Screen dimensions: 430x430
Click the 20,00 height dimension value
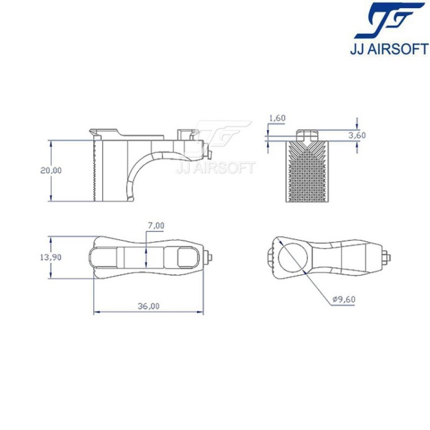tap(51, 170)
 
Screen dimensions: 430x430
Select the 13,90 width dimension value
tap(51, 257)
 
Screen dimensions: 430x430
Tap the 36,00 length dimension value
tap(148, 306)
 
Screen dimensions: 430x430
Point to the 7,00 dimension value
tap(155, 226)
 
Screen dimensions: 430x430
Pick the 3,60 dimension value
tap(356, 135)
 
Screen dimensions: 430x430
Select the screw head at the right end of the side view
tap(205, 148)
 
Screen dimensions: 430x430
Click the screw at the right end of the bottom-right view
tap(386, 257)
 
